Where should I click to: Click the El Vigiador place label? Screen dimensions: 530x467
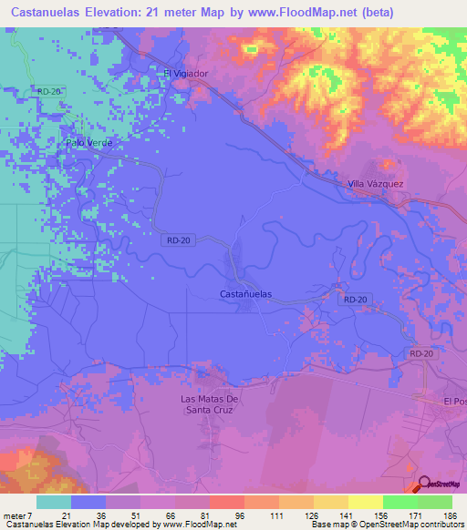coord(186,74)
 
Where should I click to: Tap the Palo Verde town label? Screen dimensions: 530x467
coord(88,142)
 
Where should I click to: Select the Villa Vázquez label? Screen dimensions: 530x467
coord(375,184)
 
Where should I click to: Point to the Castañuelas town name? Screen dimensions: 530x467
coord(247,294)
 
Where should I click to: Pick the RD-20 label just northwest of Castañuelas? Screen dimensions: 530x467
coord(179,240)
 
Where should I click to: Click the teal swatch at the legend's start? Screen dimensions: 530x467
coord(54,502)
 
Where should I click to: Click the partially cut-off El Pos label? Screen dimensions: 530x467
coord(454,401)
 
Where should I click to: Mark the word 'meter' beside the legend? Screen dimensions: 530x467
coord(15,515)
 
